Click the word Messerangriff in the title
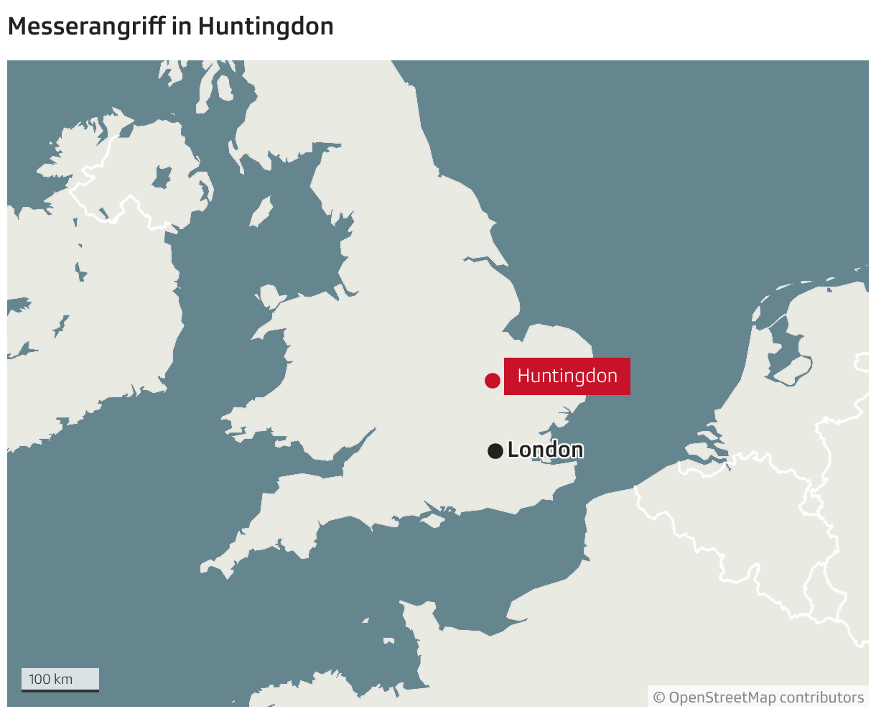(x=86, y=27)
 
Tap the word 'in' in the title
(x=181, y=27)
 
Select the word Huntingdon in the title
(x=266, y=27)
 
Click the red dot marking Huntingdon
(x=492, y=381)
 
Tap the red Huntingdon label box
(x=567, y=376)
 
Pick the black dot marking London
(x=495, y=451)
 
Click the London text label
(x=545, y=450)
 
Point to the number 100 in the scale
(x=39, y=679)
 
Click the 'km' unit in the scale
(x=63, y=679)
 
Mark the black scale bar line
(x=60, y=690)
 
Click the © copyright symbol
(x=658, y=697)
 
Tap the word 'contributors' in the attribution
(x=821, y=697)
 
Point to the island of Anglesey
(x=269, y=297)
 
